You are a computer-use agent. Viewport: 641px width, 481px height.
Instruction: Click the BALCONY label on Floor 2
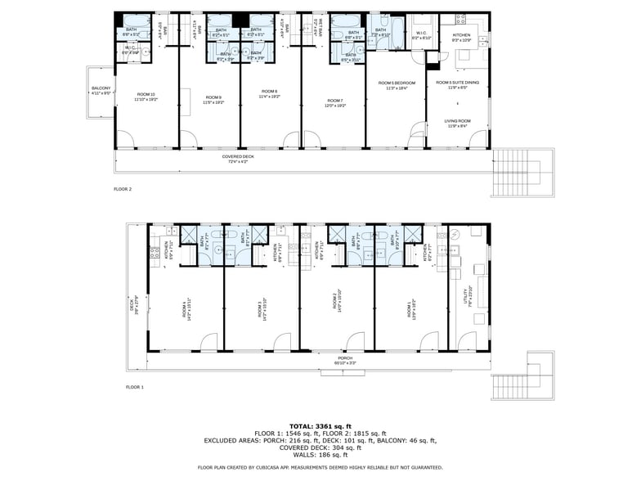(101, 90)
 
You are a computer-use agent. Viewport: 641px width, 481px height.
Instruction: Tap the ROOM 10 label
(146, 96)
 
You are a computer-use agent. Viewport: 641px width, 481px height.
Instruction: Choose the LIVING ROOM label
(458, 123)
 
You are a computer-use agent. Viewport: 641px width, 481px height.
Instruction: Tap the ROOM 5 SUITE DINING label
(458, 84)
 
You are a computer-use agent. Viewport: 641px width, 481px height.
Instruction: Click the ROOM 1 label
(410, 305)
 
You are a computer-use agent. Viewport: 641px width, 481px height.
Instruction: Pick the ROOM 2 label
(336, 303)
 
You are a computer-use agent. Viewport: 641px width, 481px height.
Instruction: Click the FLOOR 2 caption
(122, 189)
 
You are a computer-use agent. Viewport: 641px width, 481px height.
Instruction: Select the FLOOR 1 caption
(134, 386)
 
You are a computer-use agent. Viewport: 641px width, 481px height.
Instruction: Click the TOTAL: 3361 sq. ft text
(320, 426)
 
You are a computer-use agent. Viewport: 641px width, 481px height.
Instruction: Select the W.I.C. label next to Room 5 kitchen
(421, 36)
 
